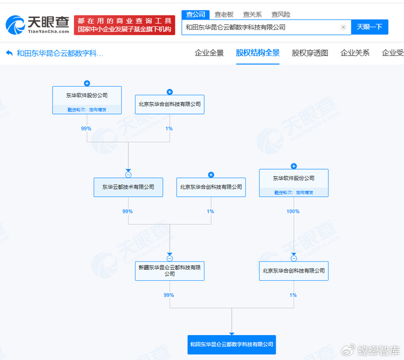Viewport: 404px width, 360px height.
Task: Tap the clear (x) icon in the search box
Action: tap(343, 27)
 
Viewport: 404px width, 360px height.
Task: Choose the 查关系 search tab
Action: tap(252, 14)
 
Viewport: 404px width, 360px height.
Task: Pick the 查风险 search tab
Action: tap(280, 14)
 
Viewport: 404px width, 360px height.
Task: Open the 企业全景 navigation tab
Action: tap(209, 53)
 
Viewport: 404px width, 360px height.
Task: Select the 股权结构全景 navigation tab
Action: tap(257, 53)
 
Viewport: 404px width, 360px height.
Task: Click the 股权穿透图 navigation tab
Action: tap(310, 53)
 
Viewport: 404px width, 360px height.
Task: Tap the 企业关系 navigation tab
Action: tap(355, 53)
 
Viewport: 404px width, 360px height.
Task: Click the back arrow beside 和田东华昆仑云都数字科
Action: tap(9, 53)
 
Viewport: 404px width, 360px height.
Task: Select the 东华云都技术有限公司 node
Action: tap(128, 187)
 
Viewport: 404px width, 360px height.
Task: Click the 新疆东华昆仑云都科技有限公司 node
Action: tap(170, 270)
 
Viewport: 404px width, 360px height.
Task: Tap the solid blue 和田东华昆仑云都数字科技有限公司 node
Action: tap(231, 344)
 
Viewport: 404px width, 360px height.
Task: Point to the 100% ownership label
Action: tap(293, 211)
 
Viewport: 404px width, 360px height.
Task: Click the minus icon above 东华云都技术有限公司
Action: tap(128, 175)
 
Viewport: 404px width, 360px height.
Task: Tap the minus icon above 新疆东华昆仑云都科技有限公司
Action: tap(170, 258)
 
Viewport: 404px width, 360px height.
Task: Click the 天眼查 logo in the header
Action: tap(38, 24)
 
